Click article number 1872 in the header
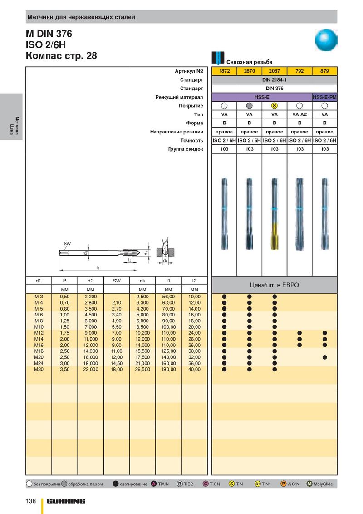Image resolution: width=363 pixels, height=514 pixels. click(x=224, y=71)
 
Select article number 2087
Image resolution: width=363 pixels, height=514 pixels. click(x=274, y=71)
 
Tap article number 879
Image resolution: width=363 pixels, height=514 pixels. click(x=324, y=71)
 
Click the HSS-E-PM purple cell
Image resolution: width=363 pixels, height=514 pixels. click(x=324, y=97)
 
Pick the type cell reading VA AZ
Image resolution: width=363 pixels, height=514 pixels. click(x=299, y=114)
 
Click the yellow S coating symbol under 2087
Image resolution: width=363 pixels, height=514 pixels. click(x=274, y=106)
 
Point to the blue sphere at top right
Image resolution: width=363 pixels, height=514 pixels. click(x=327, y=40)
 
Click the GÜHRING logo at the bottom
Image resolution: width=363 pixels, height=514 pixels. click(x=66, y=501)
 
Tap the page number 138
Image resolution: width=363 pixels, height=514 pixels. click(x=31, y=501)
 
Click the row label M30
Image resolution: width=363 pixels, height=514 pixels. click(x=39, y=370)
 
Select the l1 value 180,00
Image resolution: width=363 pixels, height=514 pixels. click(x=168, y=370)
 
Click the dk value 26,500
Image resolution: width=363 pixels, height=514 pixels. click(x=142, y=370)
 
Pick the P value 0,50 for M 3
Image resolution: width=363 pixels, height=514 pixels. click(x=65, y=297)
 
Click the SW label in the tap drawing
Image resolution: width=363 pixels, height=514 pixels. click(x=67, y=244)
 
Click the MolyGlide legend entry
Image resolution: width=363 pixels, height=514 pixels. click(x=320, y=484)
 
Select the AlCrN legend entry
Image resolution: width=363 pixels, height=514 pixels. click(x=290, y=484)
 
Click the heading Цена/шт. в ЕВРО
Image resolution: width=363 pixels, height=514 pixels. click(x=275, y=285)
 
